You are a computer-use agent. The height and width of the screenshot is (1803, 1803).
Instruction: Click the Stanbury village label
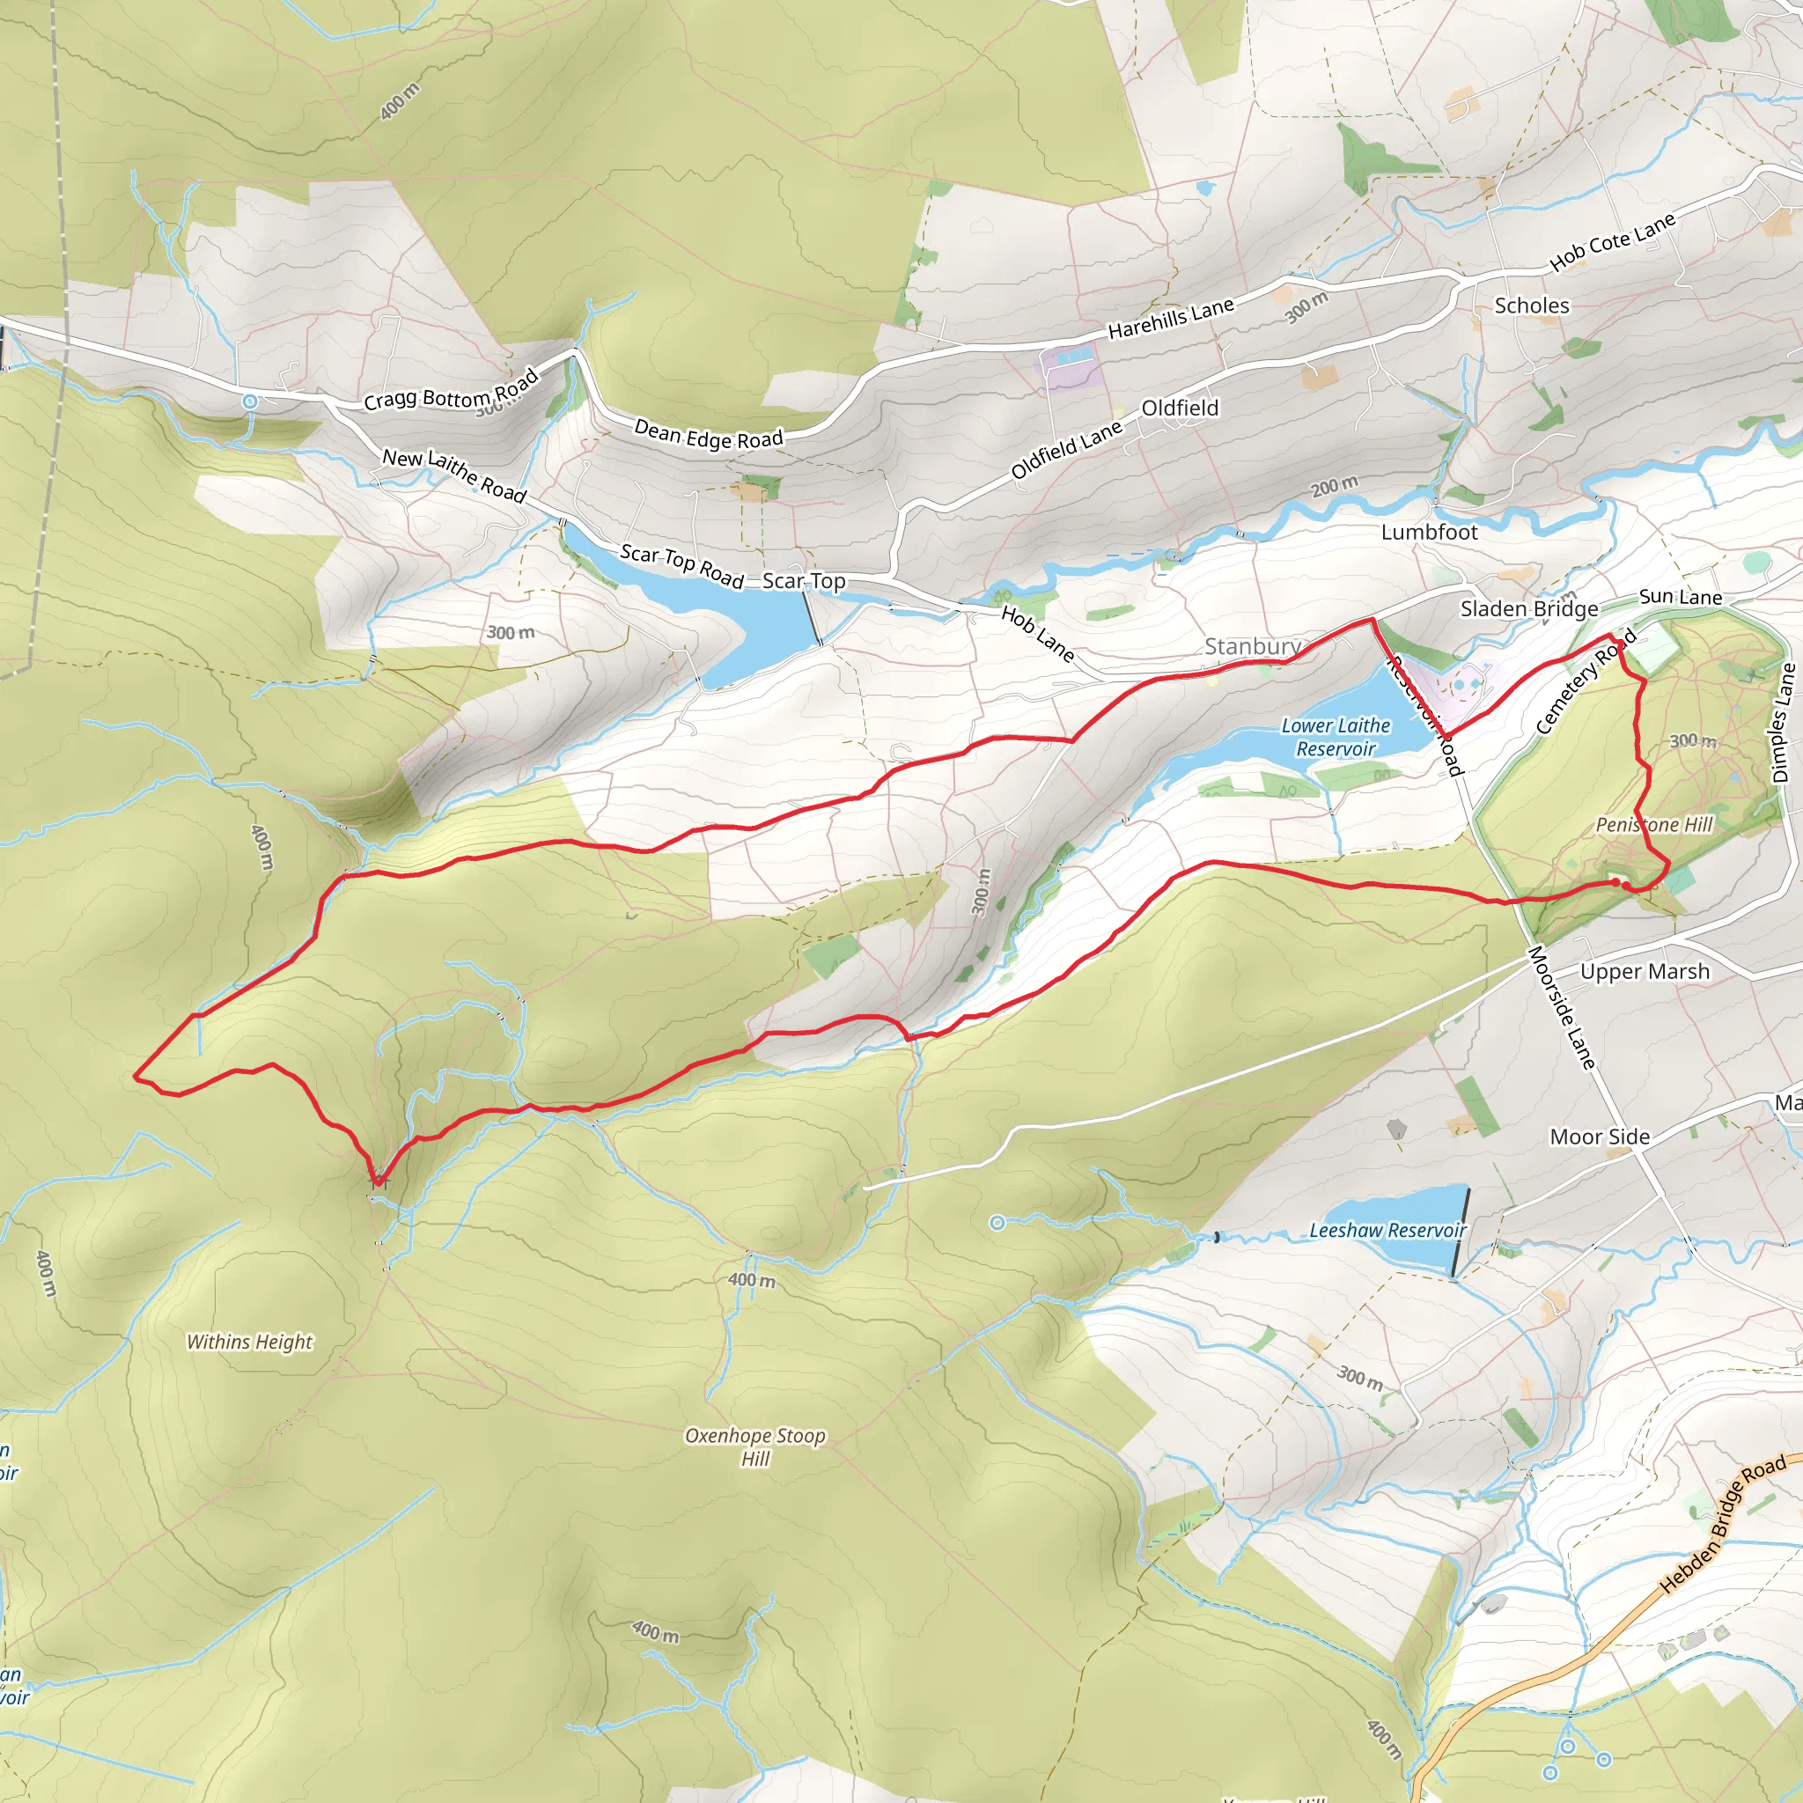[x=1253, y=646]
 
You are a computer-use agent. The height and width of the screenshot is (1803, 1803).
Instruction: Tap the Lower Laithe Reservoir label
[x=1336, y=737]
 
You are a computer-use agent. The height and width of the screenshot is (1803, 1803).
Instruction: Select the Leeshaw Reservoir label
[x=1387, y=1230]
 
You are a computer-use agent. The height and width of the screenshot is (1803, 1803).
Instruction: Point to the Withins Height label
[x=249, y=1342]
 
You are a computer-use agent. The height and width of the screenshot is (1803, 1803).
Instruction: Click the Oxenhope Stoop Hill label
[x=755, y=1446]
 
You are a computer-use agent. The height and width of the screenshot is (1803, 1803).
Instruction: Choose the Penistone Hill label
[x=1653, y=824]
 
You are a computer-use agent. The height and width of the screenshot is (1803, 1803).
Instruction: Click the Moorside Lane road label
[x=1563, y=1008]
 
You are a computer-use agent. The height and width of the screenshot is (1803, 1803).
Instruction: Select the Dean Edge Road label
[x=709, y=434]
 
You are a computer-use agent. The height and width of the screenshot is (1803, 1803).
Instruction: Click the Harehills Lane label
[x=1170, y=318]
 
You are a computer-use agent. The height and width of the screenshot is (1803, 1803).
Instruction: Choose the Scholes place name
[x=1532, y=305]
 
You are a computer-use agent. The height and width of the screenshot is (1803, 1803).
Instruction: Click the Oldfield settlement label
[x=1180, y=408]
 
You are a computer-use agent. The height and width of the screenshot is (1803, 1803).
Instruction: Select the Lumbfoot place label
[x=1429, y=532]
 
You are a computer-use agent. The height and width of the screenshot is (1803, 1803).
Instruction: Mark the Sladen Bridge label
[x=1528, y=608]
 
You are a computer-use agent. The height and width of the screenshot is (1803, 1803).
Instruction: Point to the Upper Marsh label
[x=1645, y=972]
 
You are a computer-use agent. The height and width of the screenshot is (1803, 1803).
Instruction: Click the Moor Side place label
[x=1600, y=1137]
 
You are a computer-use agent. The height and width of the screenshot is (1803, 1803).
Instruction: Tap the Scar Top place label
[x=804, y=580]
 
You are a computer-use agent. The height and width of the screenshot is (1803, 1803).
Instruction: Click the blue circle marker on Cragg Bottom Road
[x=249, y=401]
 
